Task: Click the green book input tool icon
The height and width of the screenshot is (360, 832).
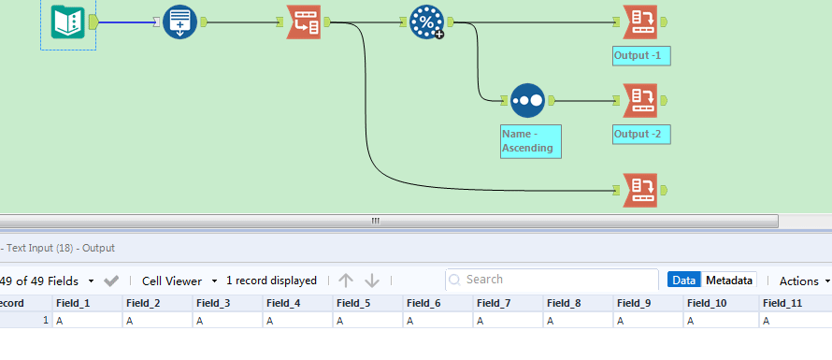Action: tap(68, 21)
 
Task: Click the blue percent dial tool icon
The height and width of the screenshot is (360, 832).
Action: tap(426, 22)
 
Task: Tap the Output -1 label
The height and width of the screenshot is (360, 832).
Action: tap(641, 56)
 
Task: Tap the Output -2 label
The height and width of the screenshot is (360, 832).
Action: tap(641, 135)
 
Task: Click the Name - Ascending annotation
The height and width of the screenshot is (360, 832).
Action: tap(530, 141)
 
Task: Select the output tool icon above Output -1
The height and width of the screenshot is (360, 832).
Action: tap(641, 22)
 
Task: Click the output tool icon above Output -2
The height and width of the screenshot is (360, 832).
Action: tap(641, 98)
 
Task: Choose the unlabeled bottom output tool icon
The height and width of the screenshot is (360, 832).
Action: tap(641, 189)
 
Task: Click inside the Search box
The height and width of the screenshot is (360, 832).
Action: tap(556, 280)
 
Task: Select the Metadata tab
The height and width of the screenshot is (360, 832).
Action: tap(729, 281)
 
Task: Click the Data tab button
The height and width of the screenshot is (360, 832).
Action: tap(684, 281)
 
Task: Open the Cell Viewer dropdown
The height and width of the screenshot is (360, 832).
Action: tap(179, 281)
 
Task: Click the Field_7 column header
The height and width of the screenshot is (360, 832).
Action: tap(494, 303)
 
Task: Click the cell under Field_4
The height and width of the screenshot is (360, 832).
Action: tap(297, 321)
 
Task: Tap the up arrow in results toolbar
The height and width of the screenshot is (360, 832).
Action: tap(346, 281)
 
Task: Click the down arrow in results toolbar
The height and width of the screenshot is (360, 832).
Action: tap(372, 281)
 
